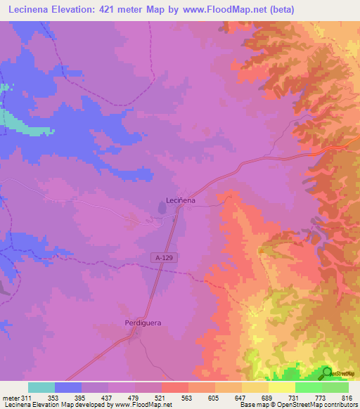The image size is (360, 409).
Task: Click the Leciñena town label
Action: [179, 200]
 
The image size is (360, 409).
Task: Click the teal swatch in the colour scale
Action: [41, 387]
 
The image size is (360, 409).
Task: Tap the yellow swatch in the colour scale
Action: [282, 387]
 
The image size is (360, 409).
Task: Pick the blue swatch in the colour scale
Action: [68, 387]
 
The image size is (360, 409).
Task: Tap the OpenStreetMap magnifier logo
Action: [327, 372]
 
